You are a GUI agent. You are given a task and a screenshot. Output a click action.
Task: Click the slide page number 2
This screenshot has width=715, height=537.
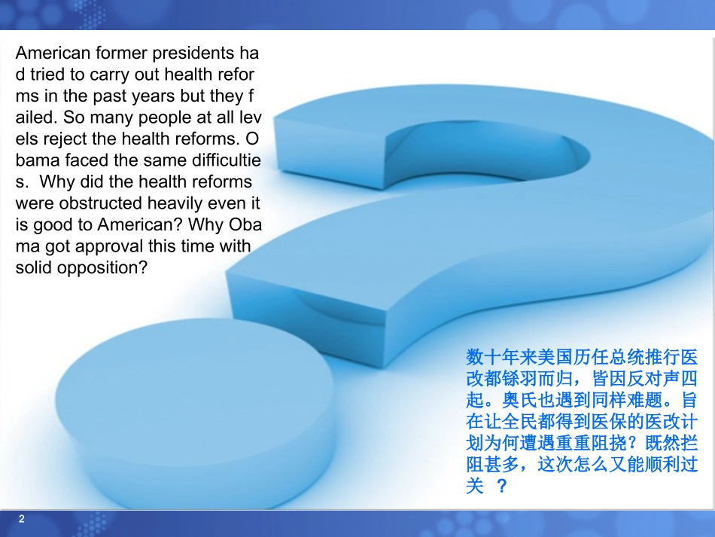[21, 519]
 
